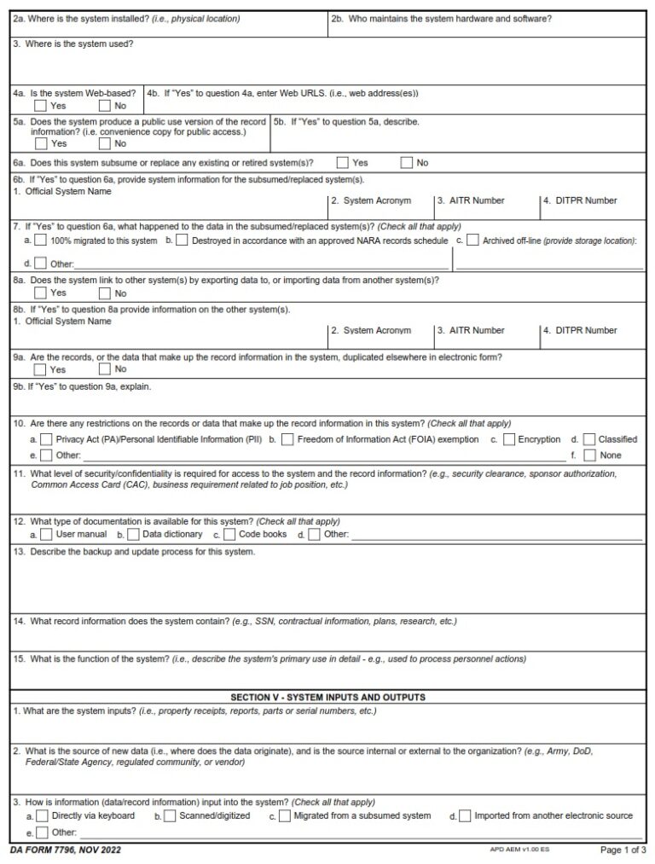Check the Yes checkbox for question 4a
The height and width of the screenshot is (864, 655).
pyautogui.click(x=40, y=107)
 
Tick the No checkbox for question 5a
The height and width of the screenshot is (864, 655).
pyautogui.click(x=105, y=144)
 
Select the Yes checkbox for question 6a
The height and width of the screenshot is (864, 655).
pyautogui.click(x=342, y=163)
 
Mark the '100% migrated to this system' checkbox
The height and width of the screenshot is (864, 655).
pyautogui.click(x=40, y=241)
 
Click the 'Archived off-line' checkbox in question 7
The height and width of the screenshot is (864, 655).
pyautogui.click(x=472, y=241)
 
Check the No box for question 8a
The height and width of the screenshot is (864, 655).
pyautogui.click(x=105, y=293)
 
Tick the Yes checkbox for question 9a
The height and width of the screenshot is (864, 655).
pyautogui.click(x=40, y=370)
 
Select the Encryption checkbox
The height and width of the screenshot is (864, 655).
pyautogui.click(x=508, y=440)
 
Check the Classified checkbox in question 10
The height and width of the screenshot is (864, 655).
pyautogui.click(x=589, y=440)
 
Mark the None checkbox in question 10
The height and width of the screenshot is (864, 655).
pyautogui.click(x=589, y=455)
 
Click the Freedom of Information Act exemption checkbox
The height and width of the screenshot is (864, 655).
pyautogui.click(x=287, y=440)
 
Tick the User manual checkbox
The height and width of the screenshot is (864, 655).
pyautogui.click(x=45, y=535)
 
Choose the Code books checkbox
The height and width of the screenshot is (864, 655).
pyautogui.click(x=230, y=535)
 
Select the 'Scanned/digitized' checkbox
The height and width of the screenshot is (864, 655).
pyautogui.click(x=170, y=816)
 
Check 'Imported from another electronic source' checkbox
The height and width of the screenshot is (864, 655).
pyautogui.click(x=465, y=816)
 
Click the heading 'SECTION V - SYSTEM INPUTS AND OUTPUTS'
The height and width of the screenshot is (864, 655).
pyautogui.click(x=327, y=698)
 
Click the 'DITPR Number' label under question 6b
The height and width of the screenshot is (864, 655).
pyautogui.click(x=587, y=201)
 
